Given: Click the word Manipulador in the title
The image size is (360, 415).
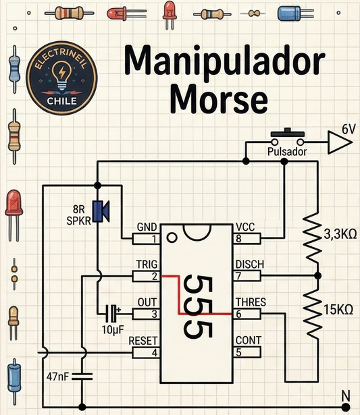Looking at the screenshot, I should pos(224,62).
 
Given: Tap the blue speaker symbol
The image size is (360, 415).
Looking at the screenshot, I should pos(101,211).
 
